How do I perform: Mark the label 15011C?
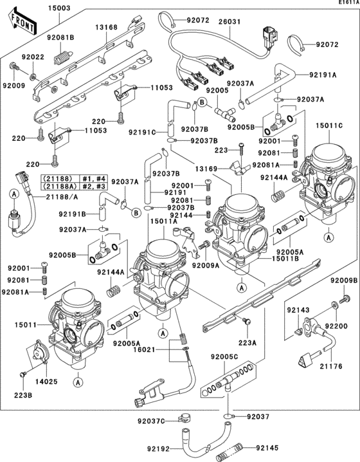pos(328,126)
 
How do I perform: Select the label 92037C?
pos(152,421)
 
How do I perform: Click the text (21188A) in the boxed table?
pos(56,185)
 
